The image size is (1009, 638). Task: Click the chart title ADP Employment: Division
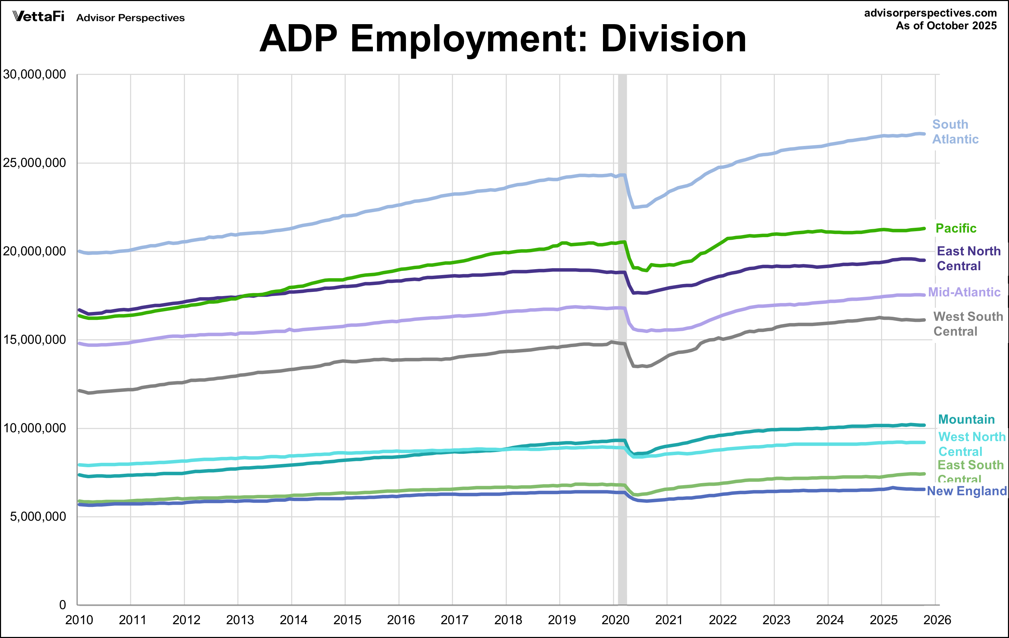(x=503, y=39)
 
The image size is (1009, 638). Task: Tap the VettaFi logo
(x=39, y=17)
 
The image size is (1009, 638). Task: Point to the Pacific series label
(x=956, y=228)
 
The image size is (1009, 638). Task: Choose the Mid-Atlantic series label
(x=964, y=292)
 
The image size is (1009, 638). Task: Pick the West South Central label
(x=968, y=324)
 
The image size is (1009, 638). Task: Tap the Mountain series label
(x=966, y=419)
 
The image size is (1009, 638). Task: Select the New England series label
(x=967, y=491)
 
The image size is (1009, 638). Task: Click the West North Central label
(x=972, y=444)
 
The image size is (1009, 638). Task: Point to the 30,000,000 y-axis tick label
(x=34, y=75)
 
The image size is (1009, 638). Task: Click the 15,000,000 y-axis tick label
(x=34, y=340)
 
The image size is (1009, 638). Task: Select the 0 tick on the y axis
(x=62, y=605)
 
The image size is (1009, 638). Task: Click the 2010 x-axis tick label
(x=79, y=620)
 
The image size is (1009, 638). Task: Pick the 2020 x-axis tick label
(x=615, y=620)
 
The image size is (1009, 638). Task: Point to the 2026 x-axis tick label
(x=937, y=620)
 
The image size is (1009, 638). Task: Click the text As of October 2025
(x=946, y=26)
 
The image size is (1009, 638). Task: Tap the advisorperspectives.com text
(x=930, y=13)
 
